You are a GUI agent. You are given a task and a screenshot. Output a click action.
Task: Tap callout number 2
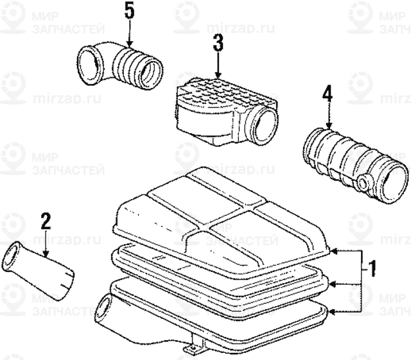click(x=45, y=222)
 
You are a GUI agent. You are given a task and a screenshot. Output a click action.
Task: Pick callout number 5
click(x=130, y=12)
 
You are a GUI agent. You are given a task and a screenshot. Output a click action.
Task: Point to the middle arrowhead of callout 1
click(x=335, y=282)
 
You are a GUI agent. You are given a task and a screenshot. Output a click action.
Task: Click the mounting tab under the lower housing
click(x=191, y=349)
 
